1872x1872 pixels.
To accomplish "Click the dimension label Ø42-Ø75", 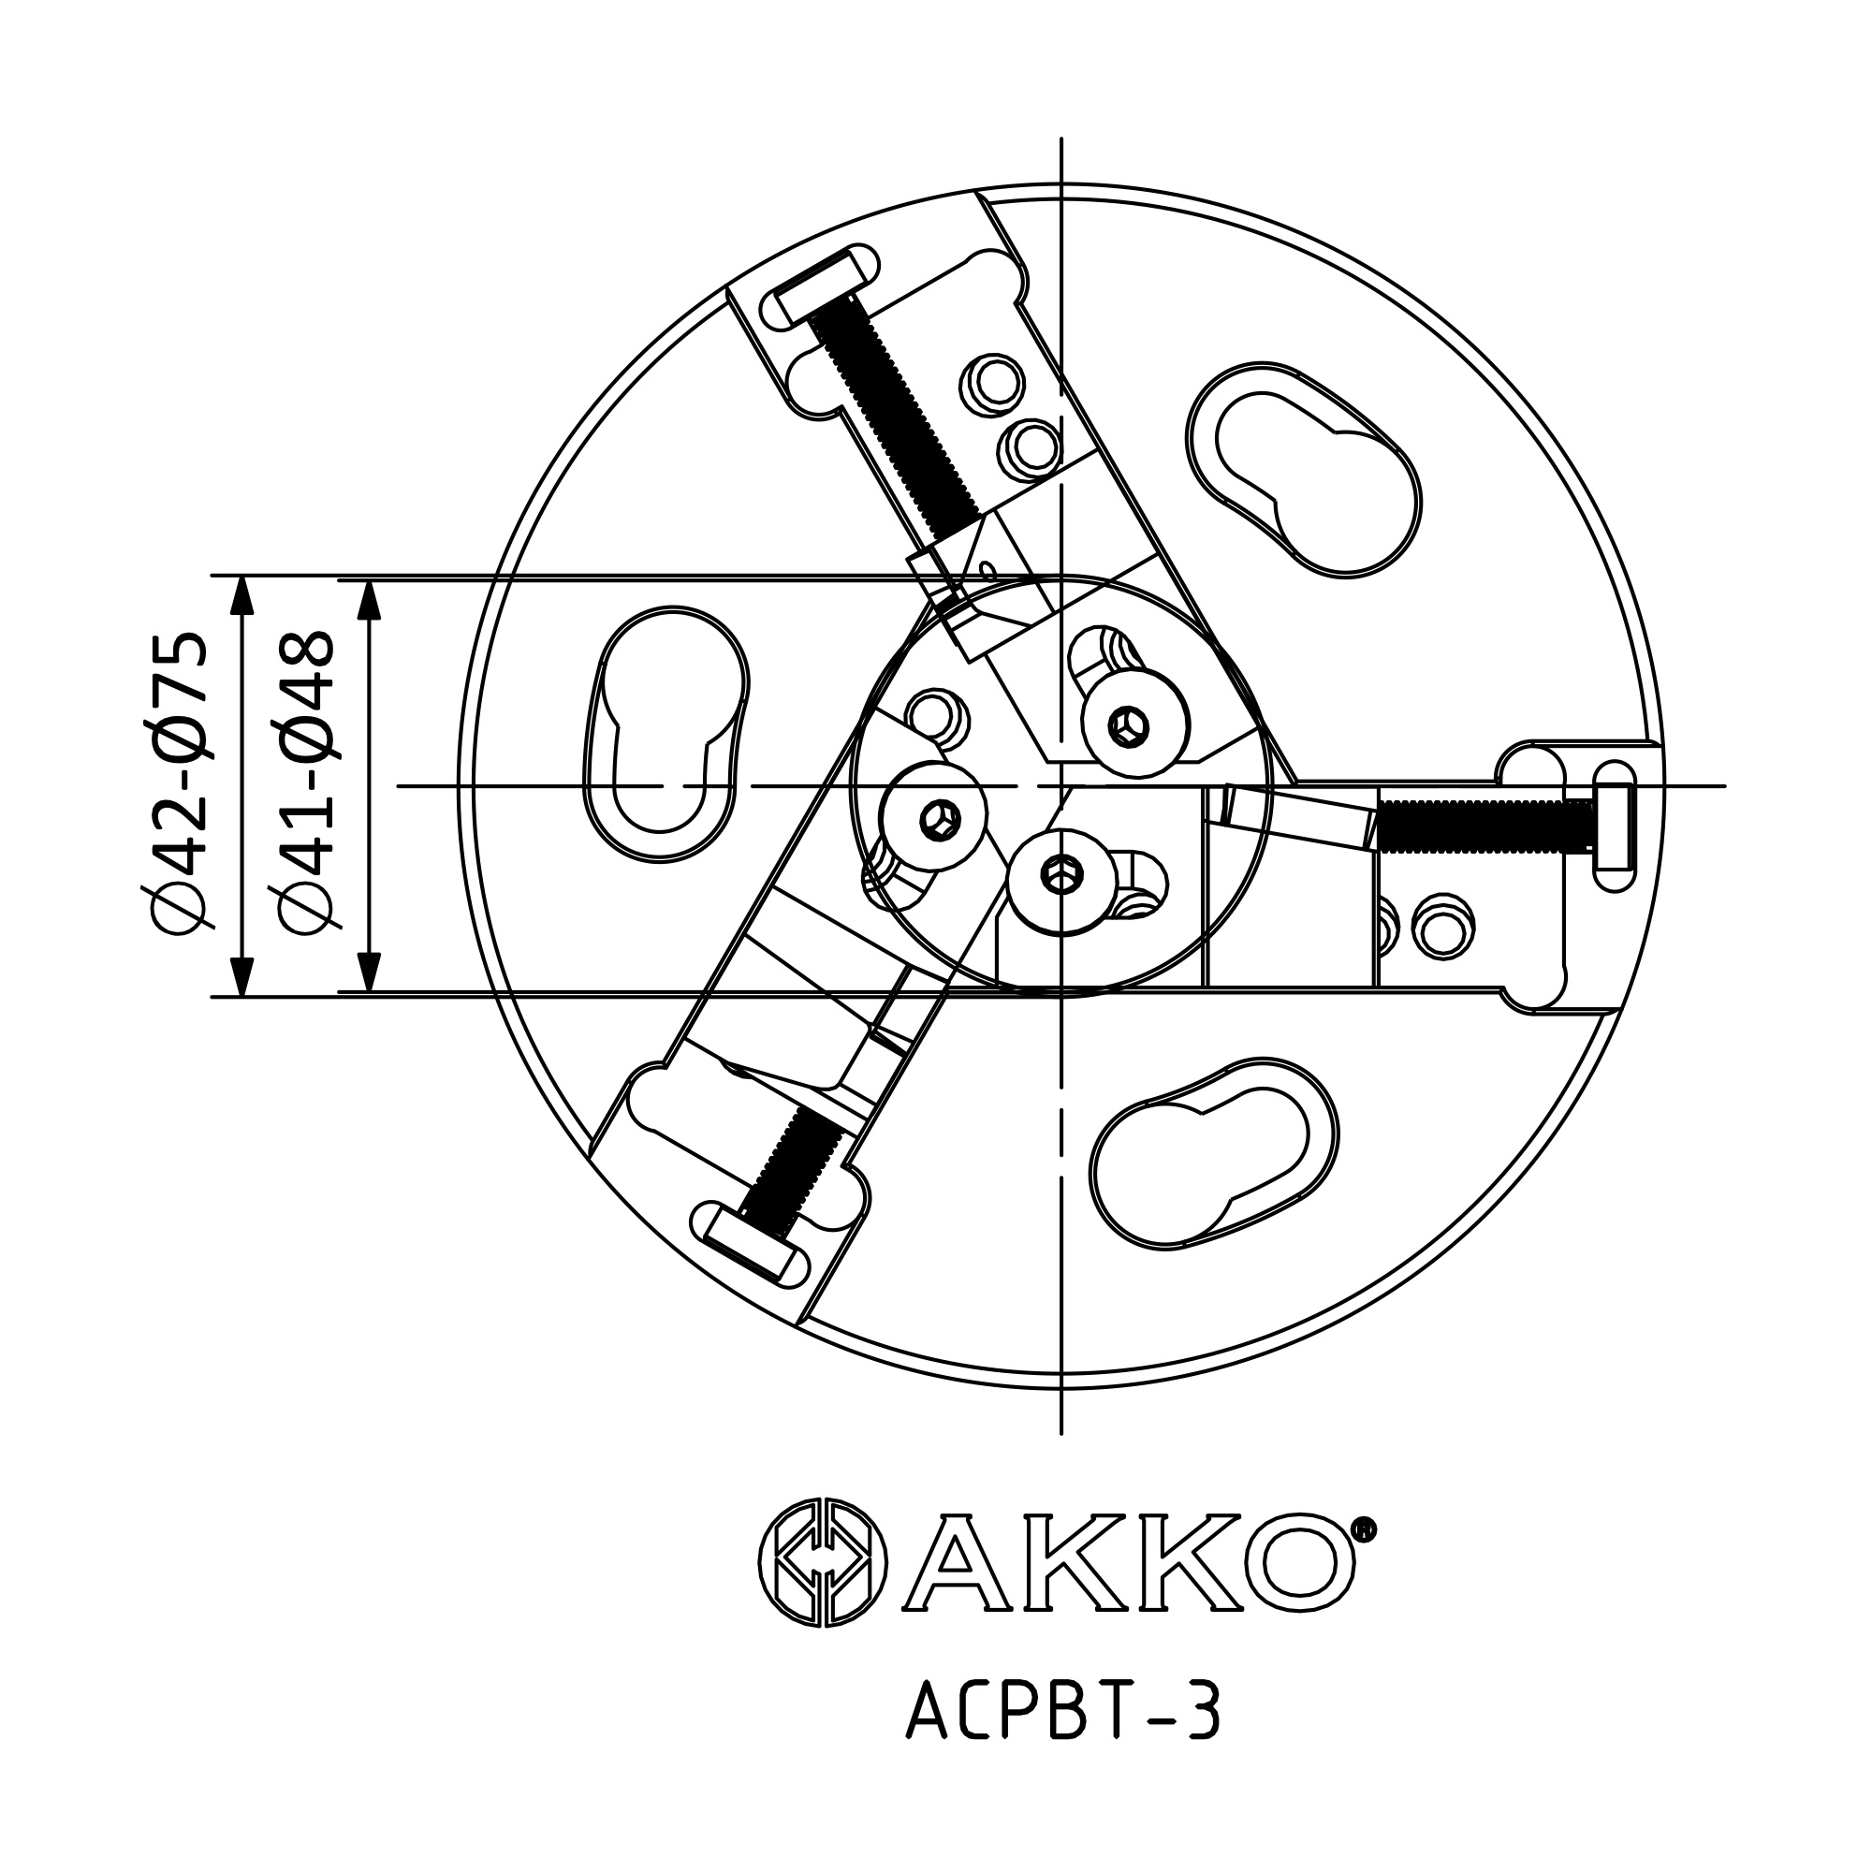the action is pyautogui.click(x=180, y=785).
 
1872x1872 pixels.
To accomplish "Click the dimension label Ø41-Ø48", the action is pyautogui.click(x=306, y=785).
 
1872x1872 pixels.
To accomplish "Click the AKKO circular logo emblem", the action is pyautogui.click(x=823, y=1564).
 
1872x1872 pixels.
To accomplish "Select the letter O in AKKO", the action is pyautogui.click(x=1298, y=1564).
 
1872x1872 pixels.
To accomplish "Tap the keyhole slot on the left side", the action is pyautogui.click(x=665, y=734).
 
